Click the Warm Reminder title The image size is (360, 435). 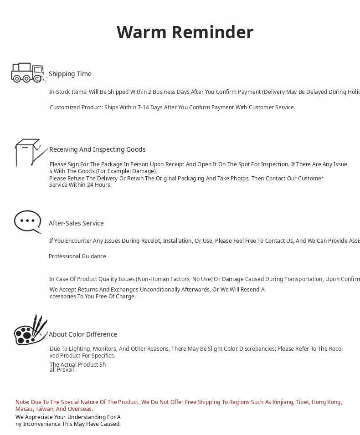point(185,32)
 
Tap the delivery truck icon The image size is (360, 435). point(28,73)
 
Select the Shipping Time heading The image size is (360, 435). point(70,74)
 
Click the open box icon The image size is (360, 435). point(30,153)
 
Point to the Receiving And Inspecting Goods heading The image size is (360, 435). point(98,149)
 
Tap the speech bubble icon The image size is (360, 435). point(28,222)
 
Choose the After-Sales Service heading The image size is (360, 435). point(76,223)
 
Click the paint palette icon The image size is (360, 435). point(30,330)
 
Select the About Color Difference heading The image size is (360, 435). point(83,334)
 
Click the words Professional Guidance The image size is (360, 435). point(77,256)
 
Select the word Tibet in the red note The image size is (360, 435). point(302,402)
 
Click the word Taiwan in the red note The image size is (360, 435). point(45,409)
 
